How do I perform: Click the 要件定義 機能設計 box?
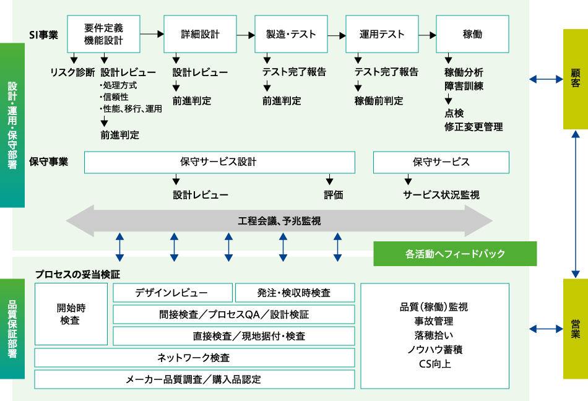click(103, 35)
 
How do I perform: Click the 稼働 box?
click(473, 35)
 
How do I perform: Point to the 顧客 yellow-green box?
click(575, 79)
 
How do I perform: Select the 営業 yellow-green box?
click(575, 329)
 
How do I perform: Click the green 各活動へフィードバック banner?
click(455, 254)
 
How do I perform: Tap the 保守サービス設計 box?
click(219, 162)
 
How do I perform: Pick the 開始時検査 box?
click(71, 314)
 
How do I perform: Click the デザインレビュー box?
click(173, 293)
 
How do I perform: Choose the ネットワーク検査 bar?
click(194, 358)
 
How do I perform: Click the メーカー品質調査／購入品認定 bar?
click(194, 379)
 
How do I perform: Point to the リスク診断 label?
click(72, 72)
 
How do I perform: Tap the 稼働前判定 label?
click(379, 101)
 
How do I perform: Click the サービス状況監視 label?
click(441, 195)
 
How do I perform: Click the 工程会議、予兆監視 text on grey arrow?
click(279, 221)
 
